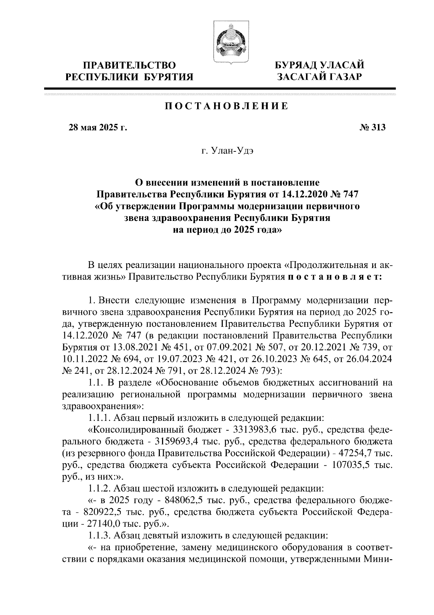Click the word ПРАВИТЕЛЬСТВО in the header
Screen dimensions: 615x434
pyautogui.click(x=129, y=66)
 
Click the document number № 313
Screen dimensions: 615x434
pyautogui.click(x=373, y=127)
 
